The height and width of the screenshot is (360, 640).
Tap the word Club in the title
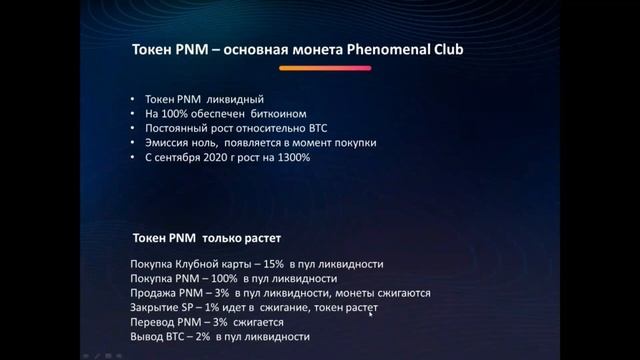pos(451,49)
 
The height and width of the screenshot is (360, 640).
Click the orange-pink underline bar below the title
pos(325,68)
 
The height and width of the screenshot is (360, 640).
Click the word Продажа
pos(154,293)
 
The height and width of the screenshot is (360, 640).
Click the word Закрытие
pos(157,308)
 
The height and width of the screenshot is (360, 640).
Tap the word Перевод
pos(154,323)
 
